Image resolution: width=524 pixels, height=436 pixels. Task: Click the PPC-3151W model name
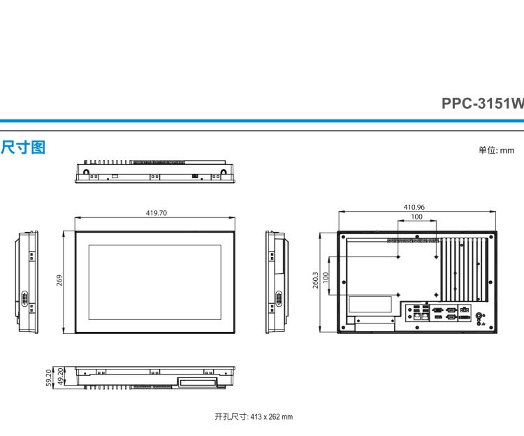pyautogui.click(x=481, y=103)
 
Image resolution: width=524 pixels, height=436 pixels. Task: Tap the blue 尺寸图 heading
pyautogui.click(x=23, y=147)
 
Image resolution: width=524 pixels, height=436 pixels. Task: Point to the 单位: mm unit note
pyautogui.click(x=495, y=150)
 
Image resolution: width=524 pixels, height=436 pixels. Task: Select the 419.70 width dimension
pyautogui.click(x=156, y=213)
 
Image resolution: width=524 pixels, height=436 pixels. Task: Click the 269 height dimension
pyautogui.click(x=60, y=280)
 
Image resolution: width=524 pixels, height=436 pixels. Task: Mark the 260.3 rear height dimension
pyautogui.click(x=315, y=280)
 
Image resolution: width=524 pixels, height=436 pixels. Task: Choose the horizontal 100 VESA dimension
pyautogui.click(x=416, y=217)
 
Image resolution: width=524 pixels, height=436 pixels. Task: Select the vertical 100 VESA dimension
pyautogui.click(x=326, y=276)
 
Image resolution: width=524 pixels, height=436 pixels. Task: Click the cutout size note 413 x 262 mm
pyautogui.click(x=254, y=416)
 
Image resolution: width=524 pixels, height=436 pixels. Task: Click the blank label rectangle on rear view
pyautogui.click(x=370, y=304)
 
